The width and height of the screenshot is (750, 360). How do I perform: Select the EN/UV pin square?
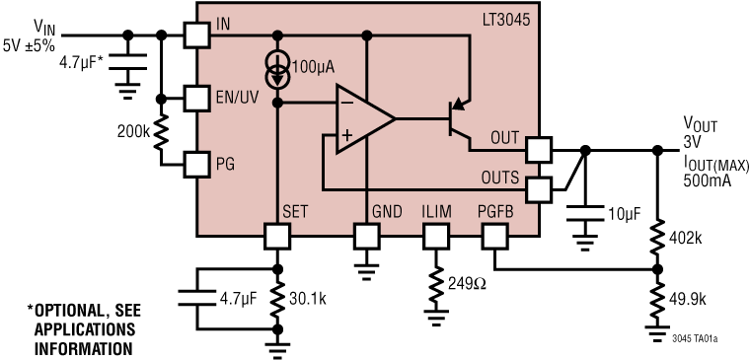[x=197, y=99]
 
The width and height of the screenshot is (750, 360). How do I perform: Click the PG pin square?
[x=197, y=163]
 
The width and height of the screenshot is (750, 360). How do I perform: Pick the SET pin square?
[x=277, y=236]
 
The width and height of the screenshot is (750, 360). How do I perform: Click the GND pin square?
[x=366, y=236]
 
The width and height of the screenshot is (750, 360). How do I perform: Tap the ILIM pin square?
[x=435, y=236]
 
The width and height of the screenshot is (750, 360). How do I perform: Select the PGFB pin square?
[x=494, y=236]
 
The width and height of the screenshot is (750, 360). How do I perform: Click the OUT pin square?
[x=538, y=150]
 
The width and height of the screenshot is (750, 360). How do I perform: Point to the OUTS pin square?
[x=538, y=188]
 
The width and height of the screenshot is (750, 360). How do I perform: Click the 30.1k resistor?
[x=277, y=300]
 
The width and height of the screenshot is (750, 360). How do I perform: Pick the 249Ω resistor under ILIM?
[x=435, y=287]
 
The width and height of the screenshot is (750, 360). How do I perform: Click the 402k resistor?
[x=657, y=237]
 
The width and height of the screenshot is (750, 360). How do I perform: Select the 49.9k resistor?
[x=657, y=300]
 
